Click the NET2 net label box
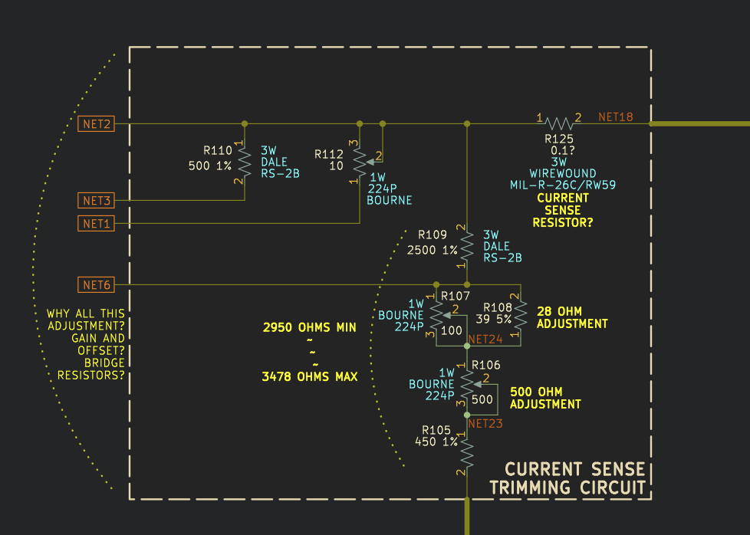tap(96, 123)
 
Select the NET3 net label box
tap(96, 201)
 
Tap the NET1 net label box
tap(96, 223)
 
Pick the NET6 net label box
tap(96, 285)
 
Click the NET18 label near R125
tap(615, 117)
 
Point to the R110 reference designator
tap(218, 150)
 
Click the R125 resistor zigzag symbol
tap(560, 123)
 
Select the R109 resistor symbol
tap(466, 245)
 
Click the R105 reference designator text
tap(436, 430)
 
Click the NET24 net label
tap(485, 339)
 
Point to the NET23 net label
tap(485, 423)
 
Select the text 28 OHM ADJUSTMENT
tap(572, 318)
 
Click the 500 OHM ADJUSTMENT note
tap(545, 398)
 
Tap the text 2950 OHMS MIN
tap(309, 327)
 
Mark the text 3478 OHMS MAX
tap(309, 377)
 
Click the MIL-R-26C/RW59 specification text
tap(563, 185)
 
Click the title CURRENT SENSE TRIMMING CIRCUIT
tap(567, 478)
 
